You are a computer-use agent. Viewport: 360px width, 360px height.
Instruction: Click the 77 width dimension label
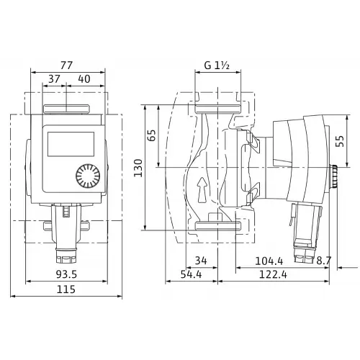click(x=66, y=66)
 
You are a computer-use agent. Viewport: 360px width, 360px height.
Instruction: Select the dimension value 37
click(x=54, y=78)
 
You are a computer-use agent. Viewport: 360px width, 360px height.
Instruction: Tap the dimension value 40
click(x=84, y=78)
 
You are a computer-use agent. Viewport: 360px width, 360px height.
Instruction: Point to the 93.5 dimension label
click(x=66, y=274)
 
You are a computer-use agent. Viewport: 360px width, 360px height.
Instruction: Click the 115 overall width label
click(x=66, y=289)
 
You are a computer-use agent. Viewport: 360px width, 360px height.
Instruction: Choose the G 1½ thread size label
click(x=217, y=65)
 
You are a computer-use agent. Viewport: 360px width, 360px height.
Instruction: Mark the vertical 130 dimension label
click(x=138, y=168)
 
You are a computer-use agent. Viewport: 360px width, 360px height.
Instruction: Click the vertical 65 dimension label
click(x=152, y=135)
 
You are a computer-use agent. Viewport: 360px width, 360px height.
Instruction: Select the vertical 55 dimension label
click(x=340, y=141)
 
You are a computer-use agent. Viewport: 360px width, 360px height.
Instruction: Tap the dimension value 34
click(x=201, y=261)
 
